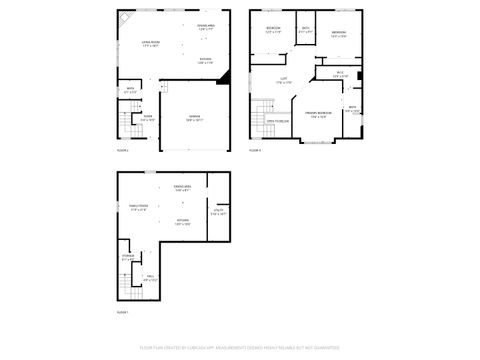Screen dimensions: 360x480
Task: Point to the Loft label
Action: pyautogui.click(x=285, y=81)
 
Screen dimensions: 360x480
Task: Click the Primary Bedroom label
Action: pyautogui.click(x=319, y=117)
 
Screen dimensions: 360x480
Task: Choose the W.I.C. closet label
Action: pyautogui.click(x=340, y=74)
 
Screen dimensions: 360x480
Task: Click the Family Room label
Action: pyautogui.click(x=138, y=207)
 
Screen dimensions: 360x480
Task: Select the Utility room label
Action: pyautogui.click(x=218, y=211)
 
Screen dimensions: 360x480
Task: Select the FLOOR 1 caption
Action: pyautogui.click(x=123, y=313)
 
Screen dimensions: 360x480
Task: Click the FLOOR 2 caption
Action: pyautogui.click(x=123, y=149)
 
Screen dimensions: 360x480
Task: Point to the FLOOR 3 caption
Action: pyautogui.click(x=256, y=149)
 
